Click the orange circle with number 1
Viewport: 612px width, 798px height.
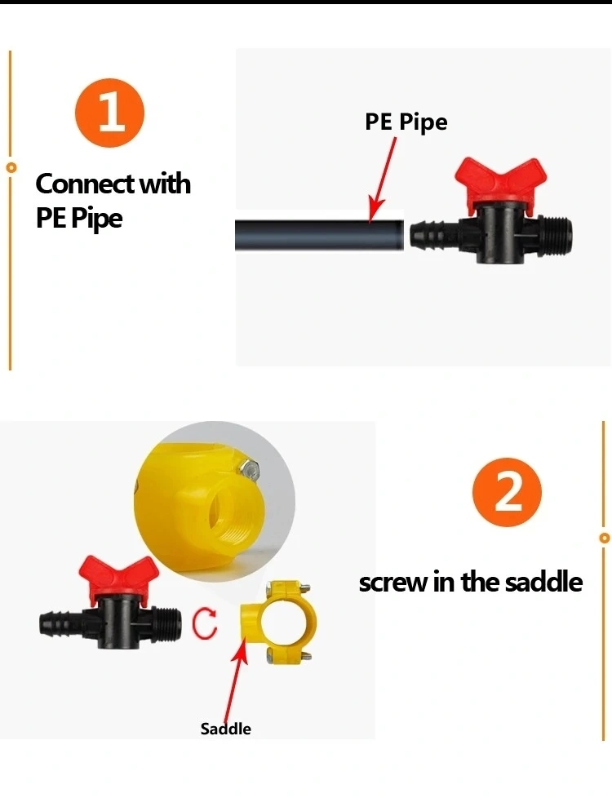pos(109,113)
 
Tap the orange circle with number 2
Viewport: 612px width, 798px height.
pos(507,492)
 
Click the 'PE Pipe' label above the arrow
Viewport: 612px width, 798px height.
pos(406,122)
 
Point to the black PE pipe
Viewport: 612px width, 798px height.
pos(319,235)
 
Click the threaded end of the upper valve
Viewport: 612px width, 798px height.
pos(554,235)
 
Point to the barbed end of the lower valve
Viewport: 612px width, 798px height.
pos(60,623)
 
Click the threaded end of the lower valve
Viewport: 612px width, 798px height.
pos(166,623)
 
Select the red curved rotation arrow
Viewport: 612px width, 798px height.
pos(204,623)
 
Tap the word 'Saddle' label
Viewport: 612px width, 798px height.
pos(225,729)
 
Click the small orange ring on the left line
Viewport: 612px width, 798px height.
pos(11,167)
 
